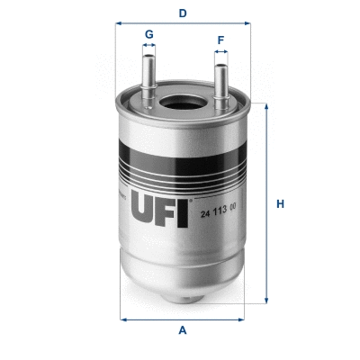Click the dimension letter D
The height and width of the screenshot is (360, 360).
click(183, 13)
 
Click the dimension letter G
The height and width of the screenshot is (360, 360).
click(149, 34)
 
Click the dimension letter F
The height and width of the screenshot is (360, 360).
click(220, 40)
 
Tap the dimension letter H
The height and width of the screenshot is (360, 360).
click(280, 203)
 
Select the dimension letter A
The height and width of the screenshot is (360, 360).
click(183, 330)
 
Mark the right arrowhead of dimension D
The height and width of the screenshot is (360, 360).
click(246, 24)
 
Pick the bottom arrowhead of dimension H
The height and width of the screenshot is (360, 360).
click(265, 301)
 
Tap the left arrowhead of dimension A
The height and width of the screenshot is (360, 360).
click(121, 319)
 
